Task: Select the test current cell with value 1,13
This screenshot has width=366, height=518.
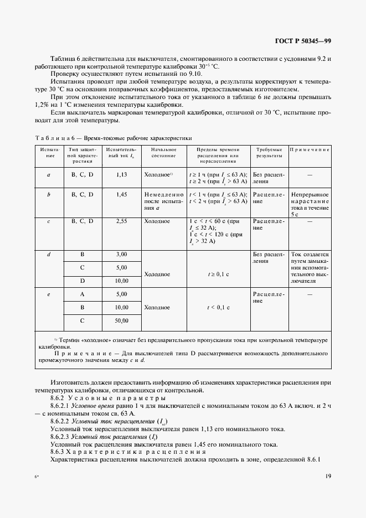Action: coord(122,174)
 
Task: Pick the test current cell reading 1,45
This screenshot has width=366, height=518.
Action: coord(122,195)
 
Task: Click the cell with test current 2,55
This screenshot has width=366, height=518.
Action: coord(122,220)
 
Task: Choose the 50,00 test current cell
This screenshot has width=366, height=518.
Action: coord(122,320)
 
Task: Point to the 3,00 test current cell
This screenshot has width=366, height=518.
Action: coord(122,254)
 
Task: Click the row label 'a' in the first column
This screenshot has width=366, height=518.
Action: coord(49,174)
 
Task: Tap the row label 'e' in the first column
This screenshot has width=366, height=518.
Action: coord(49,294)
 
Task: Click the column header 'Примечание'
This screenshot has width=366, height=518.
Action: coord(310,149)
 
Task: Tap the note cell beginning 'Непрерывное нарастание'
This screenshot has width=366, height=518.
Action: coord(310,204)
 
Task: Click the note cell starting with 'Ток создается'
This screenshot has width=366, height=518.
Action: coord(310,267)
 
